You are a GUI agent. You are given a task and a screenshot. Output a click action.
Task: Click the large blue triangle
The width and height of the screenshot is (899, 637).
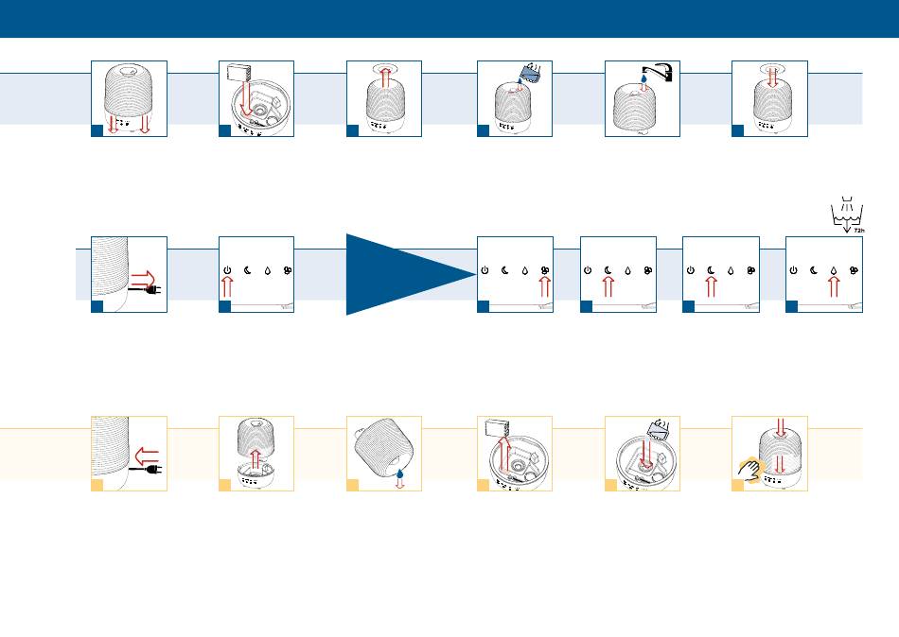point(396,274)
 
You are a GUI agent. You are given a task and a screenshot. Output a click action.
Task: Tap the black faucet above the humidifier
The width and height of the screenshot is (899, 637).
point(659,71)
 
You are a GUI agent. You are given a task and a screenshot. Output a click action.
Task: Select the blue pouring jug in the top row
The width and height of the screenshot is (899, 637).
point(531,73)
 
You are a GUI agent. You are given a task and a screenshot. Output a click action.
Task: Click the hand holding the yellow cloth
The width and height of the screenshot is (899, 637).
point(749,470)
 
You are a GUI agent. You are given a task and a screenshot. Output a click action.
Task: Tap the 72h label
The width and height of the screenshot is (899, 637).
point(858,231)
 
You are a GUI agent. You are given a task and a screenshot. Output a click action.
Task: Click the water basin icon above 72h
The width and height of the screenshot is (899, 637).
point(847,213)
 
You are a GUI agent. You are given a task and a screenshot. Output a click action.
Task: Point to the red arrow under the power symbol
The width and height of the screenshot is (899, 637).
point(227,286)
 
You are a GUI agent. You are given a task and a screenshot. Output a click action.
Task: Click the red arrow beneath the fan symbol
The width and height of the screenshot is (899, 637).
point(545,286)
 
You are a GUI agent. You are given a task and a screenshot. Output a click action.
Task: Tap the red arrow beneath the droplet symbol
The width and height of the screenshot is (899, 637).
point(834,286)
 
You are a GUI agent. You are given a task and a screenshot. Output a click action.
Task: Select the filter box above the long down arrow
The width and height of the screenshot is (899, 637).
point(239,72)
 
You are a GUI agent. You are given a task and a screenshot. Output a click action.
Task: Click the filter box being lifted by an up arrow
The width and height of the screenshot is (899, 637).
point(497,428)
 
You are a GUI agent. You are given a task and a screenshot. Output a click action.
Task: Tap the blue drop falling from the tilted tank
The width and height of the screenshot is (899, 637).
point(399,473)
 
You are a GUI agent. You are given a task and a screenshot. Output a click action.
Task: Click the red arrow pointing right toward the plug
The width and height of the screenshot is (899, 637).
point(143,279)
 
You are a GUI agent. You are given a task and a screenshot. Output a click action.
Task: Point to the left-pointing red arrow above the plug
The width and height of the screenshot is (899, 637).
point(147,456)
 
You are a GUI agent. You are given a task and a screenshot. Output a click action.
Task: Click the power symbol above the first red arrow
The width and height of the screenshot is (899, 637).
point(227,270)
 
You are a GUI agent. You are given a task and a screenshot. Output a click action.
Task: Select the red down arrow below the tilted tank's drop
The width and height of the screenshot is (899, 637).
point(400,484)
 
